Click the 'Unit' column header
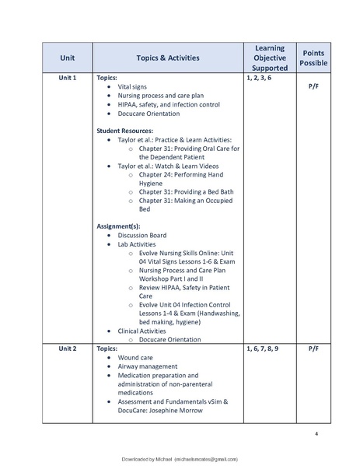point(67,58)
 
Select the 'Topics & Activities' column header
point(167,58)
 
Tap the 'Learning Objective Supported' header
point(270,58)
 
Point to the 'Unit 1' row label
point(67,79)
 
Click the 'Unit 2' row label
point(67,349)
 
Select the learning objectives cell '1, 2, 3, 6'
point(259,79)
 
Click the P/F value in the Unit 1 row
point(313,88)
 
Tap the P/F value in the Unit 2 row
point(313,349)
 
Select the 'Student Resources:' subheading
point(124,131)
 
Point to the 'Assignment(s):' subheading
point(120,226)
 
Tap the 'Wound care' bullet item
point(138,357)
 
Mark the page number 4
point(316,433)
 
